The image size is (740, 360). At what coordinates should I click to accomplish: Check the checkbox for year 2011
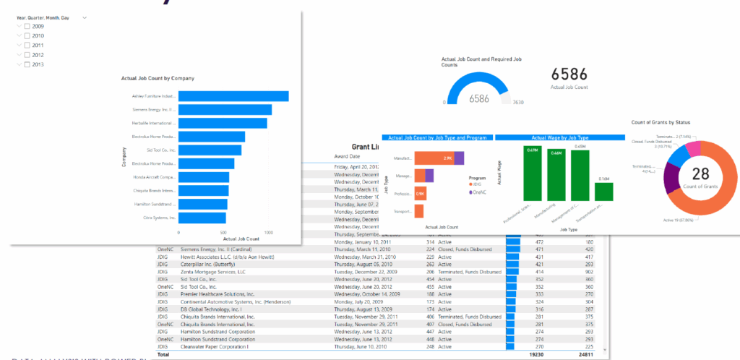(27, 46)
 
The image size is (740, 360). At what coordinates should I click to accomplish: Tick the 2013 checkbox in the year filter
(27, 64)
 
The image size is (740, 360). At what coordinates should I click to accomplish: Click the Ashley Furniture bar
(233, 96)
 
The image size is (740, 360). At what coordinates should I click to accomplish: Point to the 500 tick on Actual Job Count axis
(223, 233)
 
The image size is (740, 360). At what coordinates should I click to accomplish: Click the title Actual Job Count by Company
(158, 78)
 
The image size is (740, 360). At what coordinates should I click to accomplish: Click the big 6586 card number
(569, 74)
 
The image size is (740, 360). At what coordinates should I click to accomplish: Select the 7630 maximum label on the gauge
(517, 103)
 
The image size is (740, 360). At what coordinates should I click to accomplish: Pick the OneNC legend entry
(478, 191)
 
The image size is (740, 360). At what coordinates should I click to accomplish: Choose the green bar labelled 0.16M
(603, 192)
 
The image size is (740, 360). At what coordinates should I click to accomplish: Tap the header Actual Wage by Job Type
(559, 137)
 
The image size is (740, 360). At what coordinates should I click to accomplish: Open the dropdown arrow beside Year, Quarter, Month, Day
(85, 16)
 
